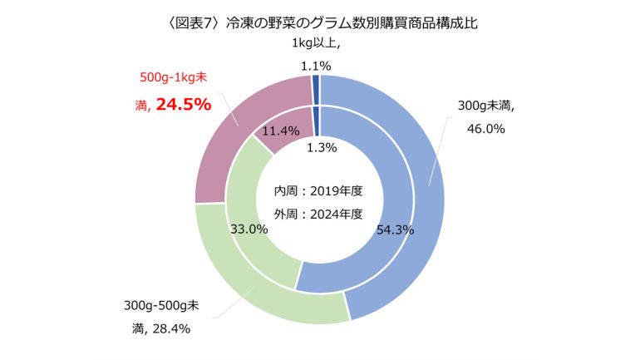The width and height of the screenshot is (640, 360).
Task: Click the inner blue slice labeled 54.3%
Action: pyautogui.click(x=366, y=258)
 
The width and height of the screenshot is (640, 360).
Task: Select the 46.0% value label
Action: pyautogui.click(x=482, y=129)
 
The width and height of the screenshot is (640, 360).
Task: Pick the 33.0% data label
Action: pyautogui.click(x=248, y=229)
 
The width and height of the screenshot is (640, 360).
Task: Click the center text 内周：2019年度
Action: pyautogui.click(x=319, y=191)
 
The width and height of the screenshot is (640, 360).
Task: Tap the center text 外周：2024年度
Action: pyautogui.click(x=319, y=214)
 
